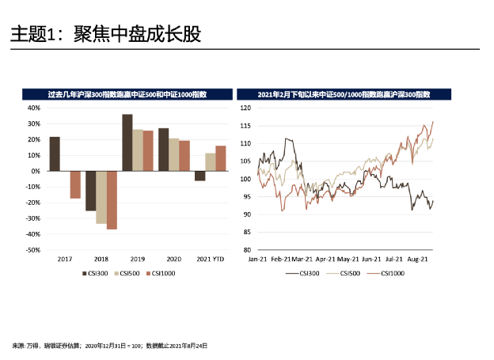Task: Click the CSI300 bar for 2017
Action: (x=55, y=154)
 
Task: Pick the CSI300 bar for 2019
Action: (x=127, y=142)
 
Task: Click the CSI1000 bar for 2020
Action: (x=184, y=156)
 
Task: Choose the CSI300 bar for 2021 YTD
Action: (x=199, y=176)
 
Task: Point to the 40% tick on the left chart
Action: (x=34, y=108)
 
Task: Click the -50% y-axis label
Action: (x=32, y=250)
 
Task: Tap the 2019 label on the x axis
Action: (x=137, y=259)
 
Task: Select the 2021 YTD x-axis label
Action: (x=211, y=259)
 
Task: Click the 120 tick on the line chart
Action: (x=245, y=108)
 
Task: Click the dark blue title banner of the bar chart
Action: (x=127, y=93)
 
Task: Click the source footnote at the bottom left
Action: (x=110, y=346)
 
